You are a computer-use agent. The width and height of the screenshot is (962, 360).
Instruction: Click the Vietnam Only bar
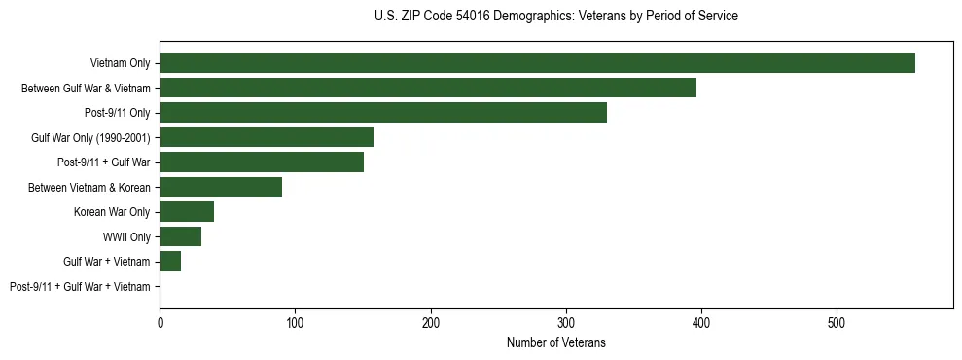[x=537, y=63]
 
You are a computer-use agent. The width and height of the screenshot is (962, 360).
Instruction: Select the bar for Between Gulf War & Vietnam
[x=428, y=88]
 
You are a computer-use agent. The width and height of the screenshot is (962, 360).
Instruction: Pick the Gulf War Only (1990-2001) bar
[x=267, y=137]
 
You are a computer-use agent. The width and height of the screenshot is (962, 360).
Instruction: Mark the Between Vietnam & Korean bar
[x=221, y=187]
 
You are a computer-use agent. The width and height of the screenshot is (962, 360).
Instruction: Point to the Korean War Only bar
[x=187, y=211]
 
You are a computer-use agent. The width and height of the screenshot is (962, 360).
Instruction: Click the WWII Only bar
[x=181, y=236]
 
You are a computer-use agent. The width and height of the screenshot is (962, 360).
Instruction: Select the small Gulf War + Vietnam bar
[x=170, y=261]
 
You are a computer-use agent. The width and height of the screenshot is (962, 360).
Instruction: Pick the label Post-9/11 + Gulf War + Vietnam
[x=80, y=286]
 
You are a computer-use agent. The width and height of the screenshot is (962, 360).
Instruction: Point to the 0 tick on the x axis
[x=160, y=322]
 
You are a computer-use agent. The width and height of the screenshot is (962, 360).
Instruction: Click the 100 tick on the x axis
[x=295, y=322]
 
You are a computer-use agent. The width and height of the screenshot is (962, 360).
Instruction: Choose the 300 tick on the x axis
[x=566, y=322]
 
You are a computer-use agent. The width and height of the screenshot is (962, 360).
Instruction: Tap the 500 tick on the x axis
[x=837, y=322]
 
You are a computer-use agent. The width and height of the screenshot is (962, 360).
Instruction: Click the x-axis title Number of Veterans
[x=556, y=342]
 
